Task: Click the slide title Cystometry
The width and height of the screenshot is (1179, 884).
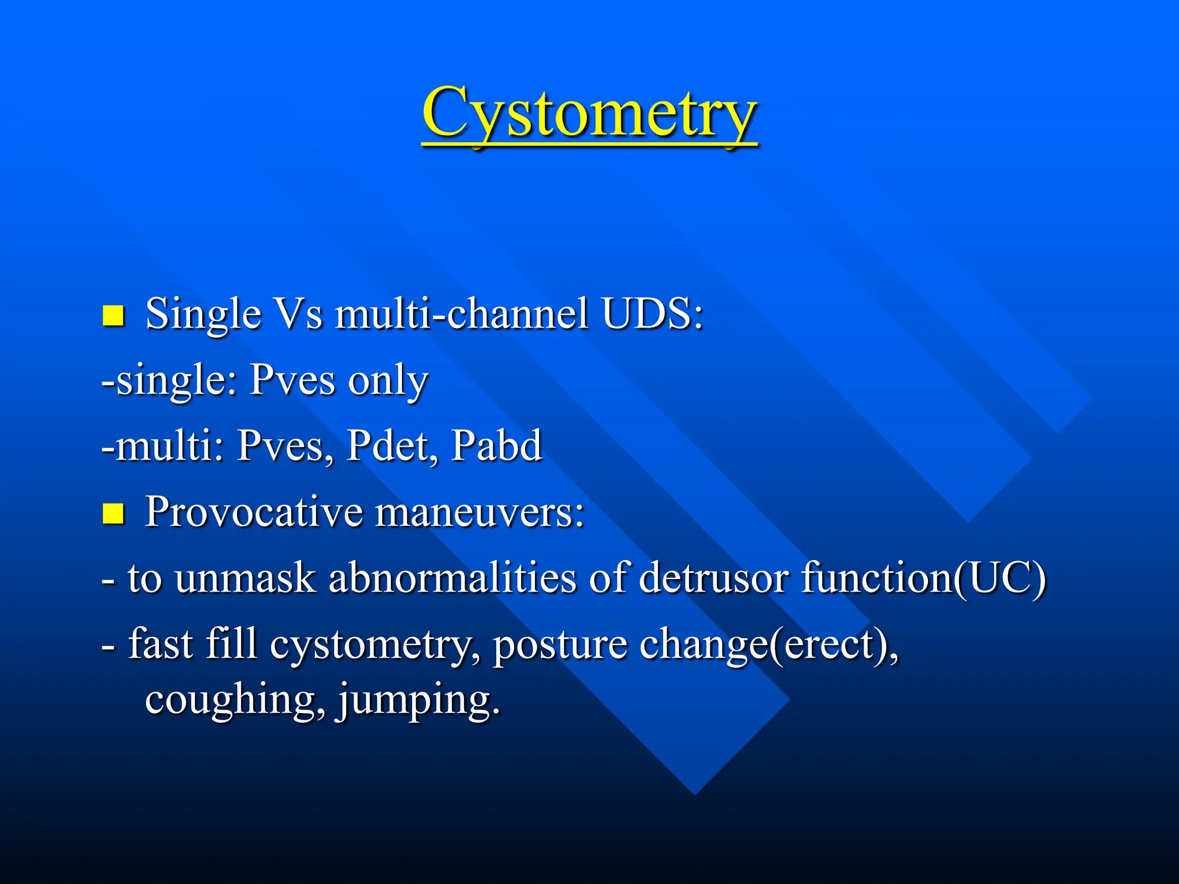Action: point(589,114)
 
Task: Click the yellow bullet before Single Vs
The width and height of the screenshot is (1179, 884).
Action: point(113,315)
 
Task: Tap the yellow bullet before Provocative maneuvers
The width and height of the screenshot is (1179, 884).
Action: point(113,513)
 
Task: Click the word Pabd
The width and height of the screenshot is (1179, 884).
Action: point(496,446)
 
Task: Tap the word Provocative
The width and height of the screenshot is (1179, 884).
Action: point(253,512)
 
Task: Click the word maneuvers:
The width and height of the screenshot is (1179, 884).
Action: point(480,512)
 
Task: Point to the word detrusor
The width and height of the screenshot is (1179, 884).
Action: point(713,578)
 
